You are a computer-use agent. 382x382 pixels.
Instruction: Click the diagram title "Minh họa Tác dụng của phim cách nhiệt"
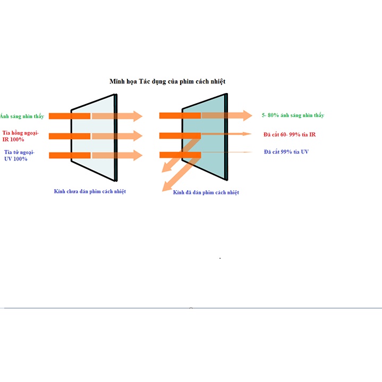(x=167, y=81)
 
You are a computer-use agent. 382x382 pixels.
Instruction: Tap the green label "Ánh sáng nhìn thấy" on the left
(x=22, y=116)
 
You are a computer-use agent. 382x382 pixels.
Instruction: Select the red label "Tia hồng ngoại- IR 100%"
(x=21, y=136)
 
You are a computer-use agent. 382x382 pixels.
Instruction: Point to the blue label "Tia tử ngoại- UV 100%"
(x=19, y=156)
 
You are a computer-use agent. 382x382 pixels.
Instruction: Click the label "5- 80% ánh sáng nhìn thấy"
(x=293, y=115)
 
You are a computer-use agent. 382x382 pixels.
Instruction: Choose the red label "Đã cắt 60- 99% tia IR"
(x=290, y=134)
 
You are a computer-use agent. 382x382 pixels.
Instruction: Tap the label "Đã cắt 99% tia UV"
(x=286, y=152)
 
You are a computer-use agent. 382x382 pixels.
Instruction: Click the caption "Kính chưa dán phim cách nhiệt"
(x=90, y=191)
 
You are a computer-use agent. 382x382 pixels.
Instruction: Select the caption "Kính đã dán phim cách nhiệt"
(x=206, y=192)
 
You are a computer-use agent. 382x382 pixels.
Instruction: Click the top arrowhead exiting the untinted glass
(x=138, y=116)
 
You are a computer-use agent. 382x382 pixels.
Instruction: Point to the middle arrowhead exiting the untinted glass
(x=138, y=136)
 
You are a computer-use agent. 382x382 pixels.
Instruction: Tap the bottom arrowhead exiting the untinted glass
(x=138, y=156)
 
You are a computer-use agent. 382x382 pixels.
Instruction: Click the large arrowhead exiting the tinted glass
(x=248, y=115)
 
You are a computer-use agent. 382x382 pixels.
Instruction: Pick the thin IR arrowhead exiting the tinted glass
(x=247, y=134)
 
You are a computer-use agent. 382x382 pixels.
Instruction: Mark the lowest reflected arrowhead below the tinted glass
(x=167, y=186)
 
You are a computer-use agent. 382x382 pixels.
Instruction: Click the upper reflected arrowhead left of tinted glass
(x=166, y=168)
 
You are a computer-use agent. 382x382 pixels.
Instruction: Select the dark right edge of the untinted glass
(x=116, y=138)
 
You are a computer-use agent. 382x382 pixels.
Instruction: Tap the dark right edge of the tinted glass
(x=226, y=137)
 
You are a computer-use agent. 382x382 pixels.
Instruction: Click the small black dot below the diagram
(x=220, y=258)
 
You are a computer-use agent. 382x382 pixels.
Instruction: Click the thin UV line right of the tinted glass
(x=226, y=152)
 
